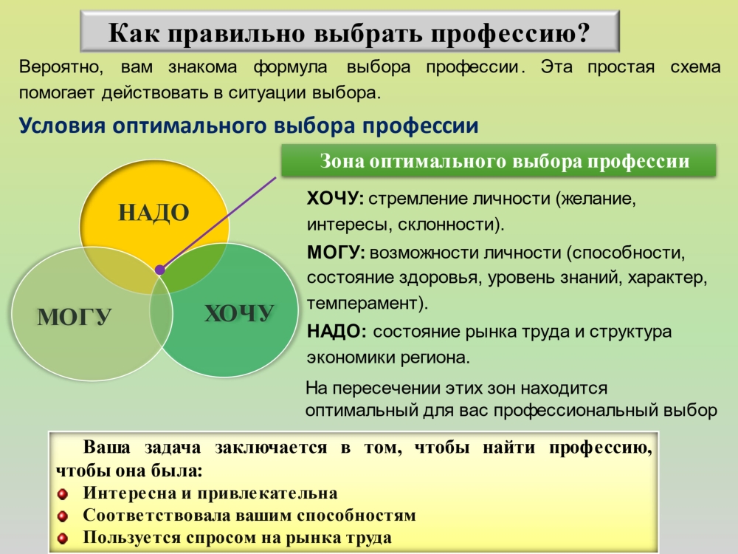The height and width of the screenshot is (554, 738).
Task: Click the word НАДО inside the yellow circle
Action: (154, 212)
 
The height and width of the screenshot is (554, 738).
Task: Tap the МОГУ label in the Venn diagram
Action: (75, 317)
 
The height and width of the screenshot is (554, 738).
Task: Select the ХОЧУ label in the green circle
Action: (239, 313)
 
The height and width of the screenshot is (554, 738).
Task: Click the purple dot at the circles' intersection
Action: (160, 270)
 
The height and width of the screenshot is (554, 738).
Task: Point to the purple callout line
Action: (218, 223)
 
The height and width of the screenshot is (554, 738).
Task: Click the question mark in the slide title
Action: (584, 33)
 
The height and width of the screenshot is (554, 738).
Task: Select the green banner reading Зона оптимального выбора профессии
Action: (498, 160)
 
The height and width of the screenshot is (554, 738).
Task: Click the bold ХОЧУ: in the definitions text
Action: (335, 199)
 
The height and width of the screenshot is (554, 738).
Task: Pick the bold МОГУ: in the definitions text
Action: (336, 253)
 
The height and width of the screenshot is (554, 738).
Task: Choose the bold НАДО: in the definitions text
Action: (337, 332)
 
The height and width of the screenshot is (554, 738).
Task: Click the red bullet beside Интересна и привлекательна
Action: (63, 494)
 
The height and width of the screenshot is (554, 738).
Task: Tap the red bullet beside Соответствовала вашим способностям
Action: (63, 516)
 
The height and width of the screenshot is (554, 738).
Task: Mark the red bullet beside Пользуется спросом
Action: (63, 538)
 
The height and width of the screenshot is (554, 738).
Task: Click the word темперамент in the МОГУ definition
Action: (362, 303)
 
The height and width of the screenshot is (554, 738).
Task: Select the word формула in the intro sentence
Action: (290, 67)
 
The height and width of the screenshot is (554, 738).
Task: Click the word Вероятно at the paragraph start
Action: (59, 67)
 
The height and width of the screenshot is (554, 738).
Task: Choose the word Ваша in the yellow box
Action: (106, 447)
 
